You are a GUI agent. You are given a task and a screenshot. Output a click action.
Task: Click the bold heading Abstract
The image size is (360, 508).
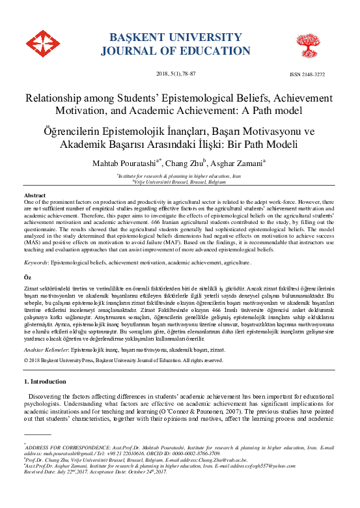[x=35, y=195]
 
